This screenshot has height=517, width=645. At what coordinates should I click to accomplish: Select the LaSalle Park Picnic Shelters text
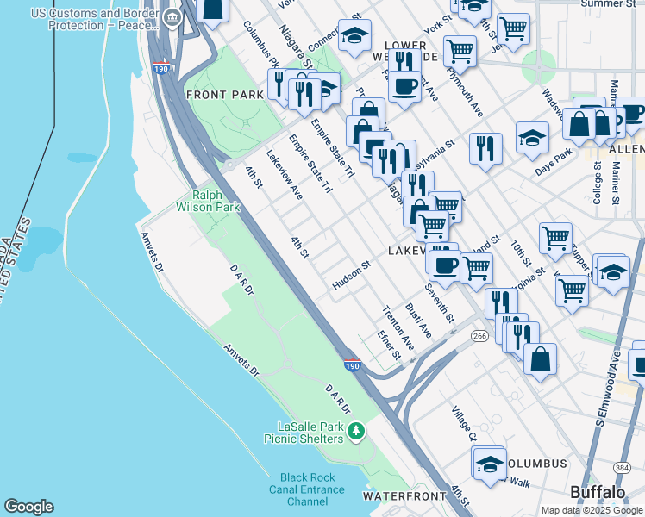point(310,433)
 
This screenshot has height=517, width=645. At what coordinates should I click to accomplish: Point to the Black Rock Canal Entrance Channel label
point(311,489)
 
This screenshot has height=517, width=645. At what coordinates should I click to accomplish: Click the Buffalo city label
point(598,492)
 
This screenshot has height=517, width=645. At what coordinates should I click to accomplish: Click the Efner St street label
point(390,343)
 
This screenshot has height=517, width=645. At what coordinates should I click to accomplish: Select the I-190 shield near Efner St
point(352,366)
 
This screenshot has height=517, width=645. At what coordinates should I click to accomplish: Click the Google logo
point(28,507)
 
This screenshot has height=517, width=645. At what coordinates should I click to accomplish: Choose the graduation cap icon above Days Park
point(532,137)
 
